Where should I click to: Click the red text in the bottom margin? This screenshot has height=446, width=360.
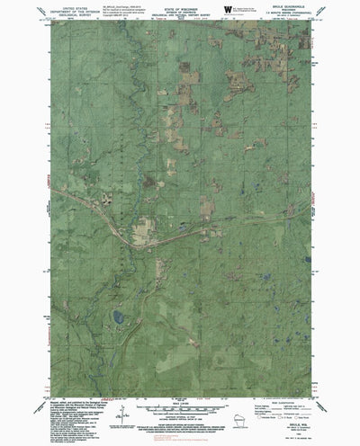coord(180,401)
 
